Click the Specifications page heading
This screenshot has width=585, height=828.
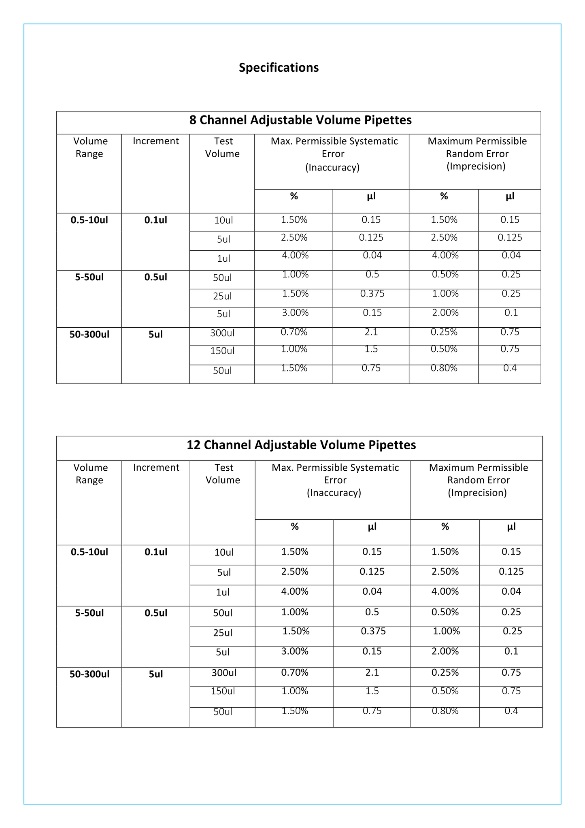(279, 67)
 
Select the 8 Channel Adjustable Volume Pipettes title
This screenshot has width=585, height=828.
(300, 120)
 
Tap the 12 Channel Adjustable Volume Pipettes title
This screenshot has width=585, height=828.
(301, 445)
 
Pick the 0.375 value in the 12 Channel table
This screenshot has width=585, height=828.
(373, 631)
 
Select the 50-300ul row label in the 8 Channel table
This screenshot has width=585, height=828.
(89, 335)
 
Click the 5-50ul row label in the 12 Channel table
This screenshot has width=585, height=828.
(89, 613)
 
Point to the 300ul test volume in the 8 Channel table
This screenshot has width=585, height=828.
(222, 333)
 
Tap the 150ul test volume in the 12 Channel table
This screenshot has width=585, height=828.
(223, 691)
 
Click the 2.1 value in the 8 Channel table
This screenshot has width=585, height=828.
(371, 332)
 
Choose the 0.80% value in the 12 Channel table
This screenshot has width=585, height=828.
(445, 711)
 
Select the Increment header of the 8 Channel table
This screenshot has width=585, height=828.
(156, 141)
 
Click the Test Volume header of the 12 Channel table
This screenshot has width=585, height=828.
(223, 474)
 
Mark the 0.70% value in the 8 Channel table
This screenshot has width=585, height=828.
(294, 332)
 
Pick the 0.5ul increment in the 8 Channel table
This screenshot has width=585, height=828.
(156, 277)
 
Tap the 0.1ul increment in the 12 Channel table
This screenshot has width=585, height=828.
(156, 552)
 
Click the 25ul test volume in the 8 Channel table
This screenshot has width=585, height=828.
(222, 296)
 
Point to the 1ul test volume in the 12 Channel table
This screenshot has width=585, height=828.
(223, 592)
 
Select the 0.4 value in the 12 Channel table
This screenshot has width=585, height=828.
(511, 711)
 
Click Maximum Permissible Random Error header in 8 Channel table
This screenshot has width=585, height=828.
(477, 154)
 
